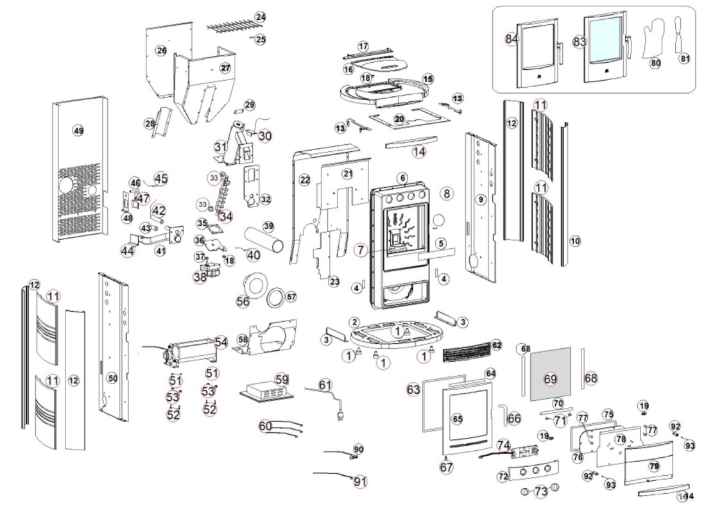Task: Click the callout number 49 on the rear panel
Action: [78, 130]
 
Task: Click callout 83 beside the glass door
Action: [580, 40]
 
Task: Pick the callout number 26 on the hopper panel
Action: [161, 50]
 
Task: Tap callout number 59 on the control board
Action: [282, 379]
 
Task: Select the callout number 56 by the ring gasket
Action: [243, 301]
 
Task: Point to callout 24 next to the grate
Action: [259, 16]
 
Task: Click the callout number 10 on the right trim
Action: [574, 240]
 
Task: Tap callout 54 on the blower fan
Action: [221, 342]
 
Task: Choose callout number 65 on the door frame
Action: [458, 418]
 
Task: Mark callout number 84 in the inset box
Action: [511, 39]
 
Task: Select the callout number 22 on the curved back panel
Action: [305, 180]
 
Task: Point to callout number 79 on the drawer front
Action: [654, 465]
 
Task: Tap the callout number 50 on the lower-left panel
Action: [112, 378]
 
